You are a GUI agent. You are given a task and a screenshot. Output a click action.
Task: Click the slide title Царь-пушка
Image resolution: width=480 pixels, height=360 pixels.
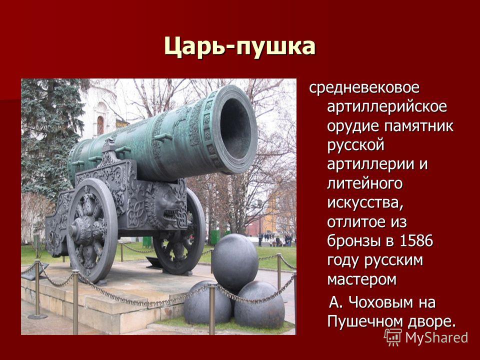point(239,46)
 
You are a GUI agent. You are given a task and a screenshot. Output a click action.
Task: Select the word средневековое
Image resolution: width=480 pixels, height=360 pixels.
point(364,88)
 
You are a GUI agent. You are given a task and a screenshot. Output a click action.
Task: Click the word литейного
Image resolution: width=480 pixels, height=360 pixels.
point(364,183)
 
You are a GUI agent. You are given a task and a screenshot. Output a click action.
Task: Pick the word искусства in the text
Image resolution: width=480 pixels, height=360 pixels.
point(365,203)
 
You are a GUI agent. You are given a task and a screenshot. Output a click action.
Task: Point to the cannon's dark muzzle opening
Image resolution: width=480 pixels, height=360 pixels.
point(235,129)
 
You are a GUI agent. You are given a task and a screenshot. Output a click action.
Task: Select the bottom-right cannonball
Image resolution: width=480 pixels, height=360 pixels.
point(259,305)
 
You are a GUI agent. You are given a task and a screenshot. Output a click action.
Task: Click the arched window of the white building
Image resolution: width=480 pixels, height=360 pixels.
point(100,125)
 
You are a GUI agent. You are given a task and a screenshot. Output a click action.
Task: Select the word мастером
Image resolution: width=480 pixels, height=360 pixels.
point(362,279)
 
